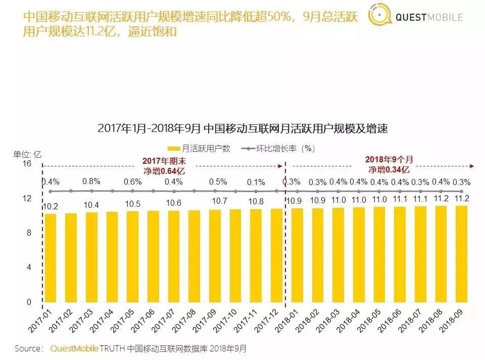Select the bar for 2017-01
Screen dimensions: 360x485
pyautogui.click(x=50, y=258)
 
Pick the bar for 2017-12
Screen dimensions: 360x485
pyautogui.click(x=276, y=256)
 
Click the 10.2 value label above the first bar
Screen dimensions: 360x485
pyautogui.click(x=50, y=206)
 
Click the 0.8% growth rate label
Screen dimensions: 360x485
pyautogui.click(x=91, y=182)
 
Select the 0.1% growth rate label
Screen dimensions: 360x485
pyautogui.click(x=256, y=183)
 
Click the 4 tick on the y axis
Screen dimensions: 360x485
pyautogui.click(x=29, y=267)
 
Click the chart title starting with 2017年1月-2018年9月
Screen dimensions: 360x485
pyautogui.click(x=243, y=128)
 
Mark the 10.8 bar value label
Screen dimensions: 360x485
pyautogui.click(x=256, y=201)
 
